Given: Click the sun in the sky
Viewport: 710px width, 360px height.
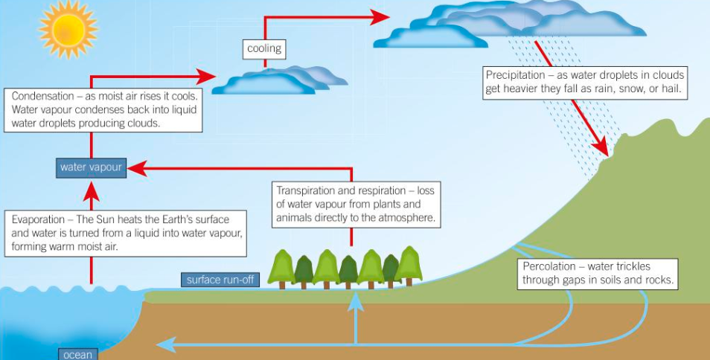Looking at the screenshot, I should click(x=68, y=28).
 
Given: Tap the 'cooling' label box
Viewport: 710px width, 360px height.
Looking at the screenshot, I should click(x=264, y=48).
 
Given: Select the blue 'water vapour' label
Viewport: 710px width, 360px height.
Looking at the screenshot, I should click(x=91, y=167).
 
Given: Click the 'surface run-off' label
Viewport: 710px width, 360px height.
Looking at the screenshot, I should click(x=220, y=280).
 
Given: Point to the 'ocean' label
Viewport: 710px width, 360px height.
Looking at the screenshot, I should click(x=77, y=354).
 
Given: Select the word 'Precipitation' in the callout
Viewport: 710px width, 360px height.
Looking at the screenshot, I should click(x=516, y=75).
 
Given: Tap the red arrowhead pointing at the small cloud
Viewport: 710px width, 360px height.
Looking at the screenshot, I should click(x=208, y=75).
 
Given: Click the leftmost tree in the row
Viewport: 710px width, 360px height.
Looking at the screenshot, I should click(x=281, y=268).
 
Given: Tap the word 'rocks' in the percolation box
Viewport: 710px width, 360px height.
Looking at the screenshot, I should click(x=657, y=280).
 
